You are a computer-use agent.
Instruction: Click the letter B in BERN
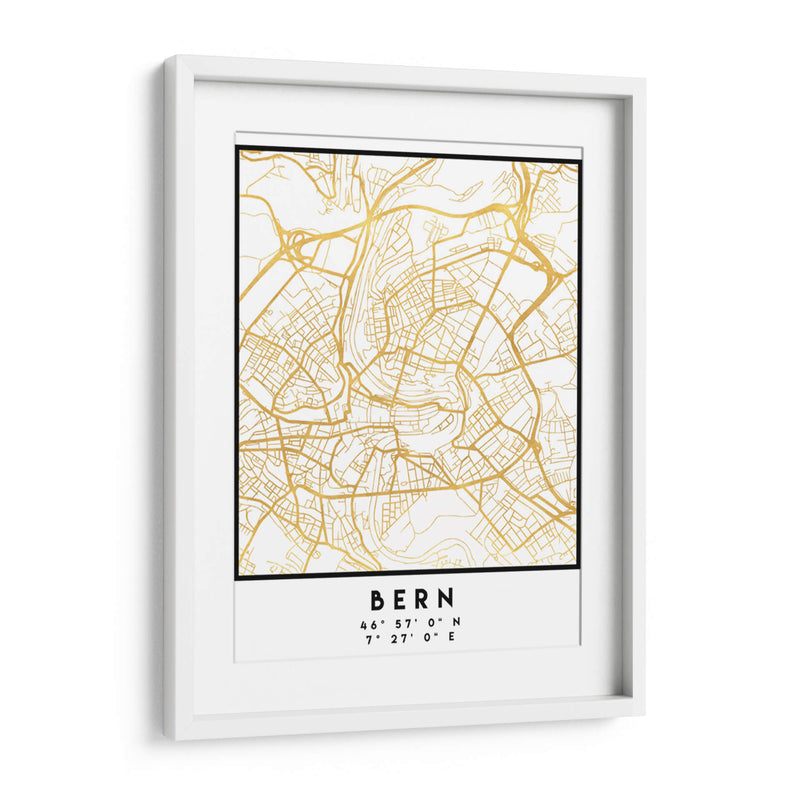[378, 600]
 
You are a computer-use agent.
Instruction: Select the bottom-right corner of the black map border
[578, 567]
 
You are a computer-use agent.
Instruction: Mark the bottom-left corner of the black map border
[237, 578]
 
